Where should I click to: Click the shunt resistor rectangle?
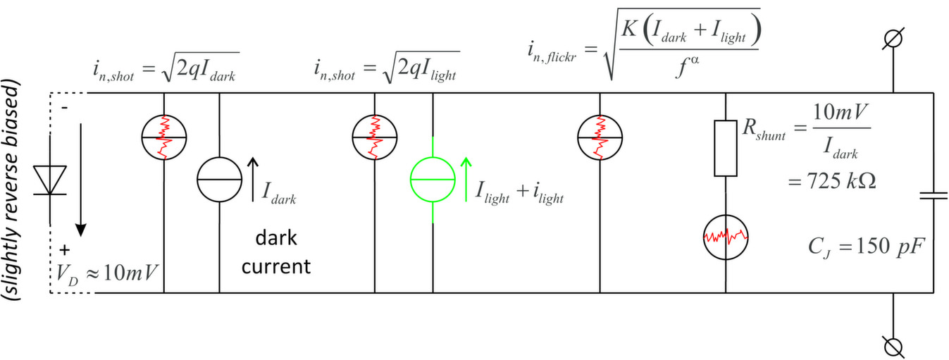725,148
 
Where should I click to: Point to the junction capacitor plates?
934,196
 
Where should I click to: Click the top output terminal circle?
893,39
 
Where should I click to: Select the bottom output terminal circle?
893,347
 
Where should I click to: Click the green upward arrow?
466,179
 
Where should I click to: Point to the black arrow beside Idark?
253,179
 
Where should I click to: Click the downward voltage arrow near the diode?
80,180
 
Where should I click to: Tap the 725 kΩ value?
831,181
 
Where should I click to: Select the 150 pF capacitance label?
866,247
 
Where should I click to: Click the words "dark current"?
276,252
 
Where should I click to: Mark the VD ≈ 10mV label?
107,273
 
